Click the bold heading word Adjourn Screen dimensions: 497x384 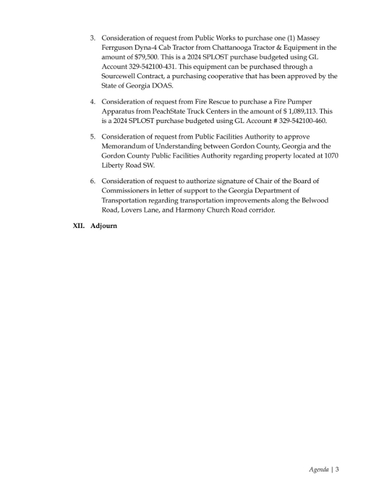click(104, 226)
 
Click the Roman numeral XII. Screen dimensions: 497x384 click(80, 226)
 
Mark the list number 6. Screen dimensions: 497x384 click(93, 181)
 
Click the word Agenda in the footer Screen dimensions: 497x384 click(319, 470)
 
